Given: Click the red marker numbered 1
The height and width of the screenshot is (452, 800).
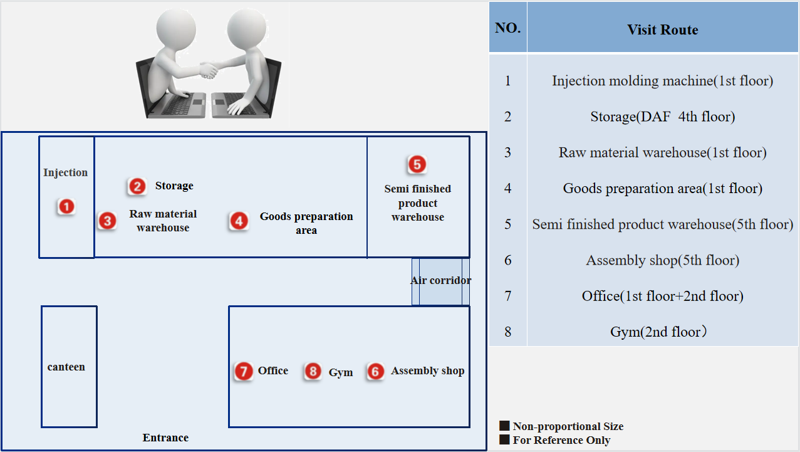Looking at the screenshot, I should point(66,206).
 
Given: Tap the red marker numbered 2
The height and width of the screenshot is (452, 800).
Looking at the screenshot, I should point(137,186).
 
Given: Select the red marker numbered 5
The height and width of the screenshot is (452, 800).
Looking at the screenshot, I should point(417,164).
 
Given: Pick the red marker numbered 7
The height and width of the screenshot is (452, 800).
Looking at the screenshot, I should point(244,371).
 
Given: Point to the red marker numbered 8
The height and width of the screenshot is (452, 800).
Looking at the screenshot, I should point(313,371).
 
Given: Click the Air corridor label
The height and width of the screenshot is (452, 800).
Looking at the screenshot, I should point(440,280).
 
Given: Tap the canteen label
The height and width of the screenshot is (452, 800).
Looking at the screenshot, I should point(66,367).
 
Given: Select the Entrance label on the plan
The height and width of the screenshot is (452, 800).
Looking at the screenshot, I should point(165,438).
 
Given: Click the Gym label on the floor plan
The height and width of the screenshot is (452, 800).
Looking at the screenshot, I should point(341,372).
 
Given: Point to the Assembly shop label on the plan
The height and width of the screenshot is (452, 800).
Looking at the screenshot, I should point(427,371).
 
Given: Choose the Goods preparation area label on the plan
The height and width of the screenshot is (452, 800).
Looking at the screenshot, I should point(306,223).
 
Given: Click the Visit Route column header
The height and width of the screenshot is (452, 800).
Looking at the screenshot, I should point(662,30).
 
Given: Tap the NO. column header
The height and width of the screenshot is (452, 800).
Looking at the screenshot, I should point(507,28).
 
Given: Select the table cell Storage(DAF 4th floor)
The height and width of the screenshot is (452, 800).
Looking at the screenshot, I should point(662,117).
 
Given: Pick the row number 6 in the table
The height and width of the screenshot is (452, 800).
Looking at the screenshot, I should point(507,260).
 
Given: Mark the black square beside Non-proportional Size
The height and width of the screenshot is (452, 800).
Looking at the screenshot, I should point(504,426).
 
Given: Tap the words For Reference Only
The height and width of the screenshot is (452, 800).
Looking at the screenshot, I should point(561,440).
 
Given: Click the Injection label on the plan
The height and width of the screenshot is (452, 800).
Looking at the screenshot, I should point(66,172).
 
